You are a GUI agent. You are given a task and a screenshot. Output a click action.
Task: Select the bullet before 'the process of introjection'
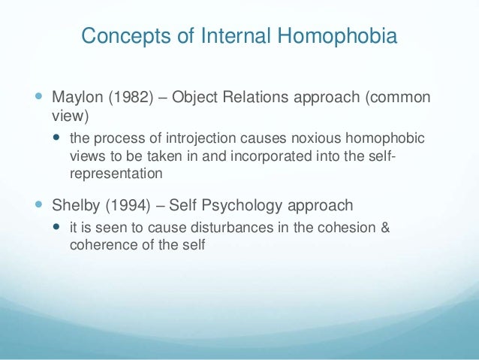coord(59,139)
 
